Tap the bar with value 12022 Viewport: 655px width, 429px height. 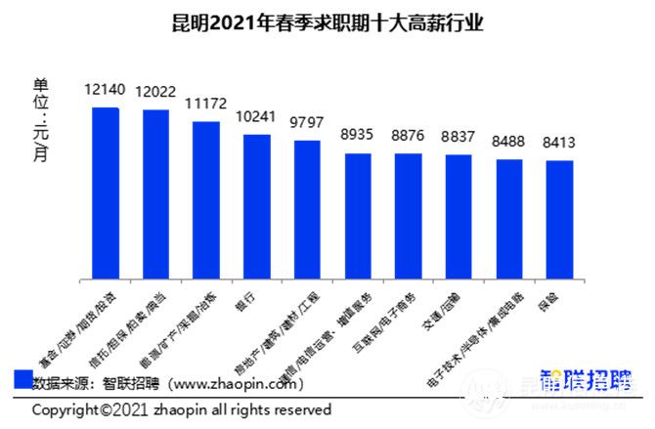[x=156, y=194]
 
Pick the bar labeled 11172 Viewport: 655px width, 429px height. [x=206, y=200]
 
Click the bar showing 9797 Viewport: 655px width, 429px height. [x=307, y=210]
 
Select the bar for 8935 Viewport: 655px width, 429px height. [x=358, y=216]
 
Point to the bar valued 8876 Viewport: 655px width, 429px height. [x=409, y=216]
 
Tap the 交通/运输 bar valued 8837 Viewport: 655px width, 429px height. [x=458, y=217]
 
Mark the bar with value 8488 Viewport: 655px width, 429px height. [x=509, y=219]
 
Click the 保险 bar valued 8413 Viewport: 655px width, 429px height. [x=559, y=220]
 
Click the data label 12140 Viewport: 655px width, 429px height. [x=106, y=90]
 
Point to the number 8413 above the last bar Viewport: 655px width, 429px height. [x=559, y=143]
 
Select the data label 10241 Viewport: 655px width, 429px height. [x=257, y=116]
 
